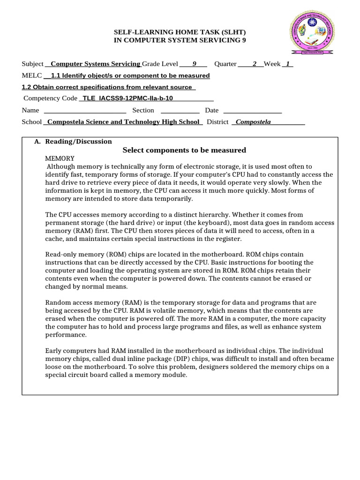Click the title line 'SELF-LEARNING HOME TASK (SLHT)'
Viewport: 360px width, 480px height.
[180, 32]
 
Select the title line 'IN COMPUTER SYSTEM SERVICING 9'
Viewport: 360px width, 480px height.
[180, 40]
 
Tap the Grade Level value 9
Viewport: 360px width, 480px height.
[194, 64]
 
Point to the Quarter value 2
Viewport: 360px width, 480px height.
[255, 64]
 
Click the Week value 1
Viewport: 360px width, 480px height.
[287, 64]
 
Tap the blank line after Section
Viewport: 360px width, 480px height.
[180, 111]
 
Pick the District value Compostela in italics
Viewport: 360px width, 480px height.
[253, 122]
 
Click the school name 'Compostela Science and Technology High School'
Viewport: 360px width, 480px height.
[123, 122]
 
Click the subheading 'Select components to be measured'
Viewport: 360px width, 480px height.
[184, 150]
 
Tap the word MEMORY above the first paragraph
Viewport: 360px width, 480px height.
[60, 158]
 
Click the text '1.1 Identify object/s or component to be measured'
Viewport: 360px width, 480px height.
[130, 75]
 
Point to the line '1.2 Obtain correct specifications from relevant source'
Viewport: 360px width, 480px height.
[107, 87]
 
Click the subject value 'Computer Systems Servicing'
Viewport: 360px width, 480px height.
[95, 64]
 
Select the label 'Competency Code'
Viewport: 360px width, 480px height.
[50, 98]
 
